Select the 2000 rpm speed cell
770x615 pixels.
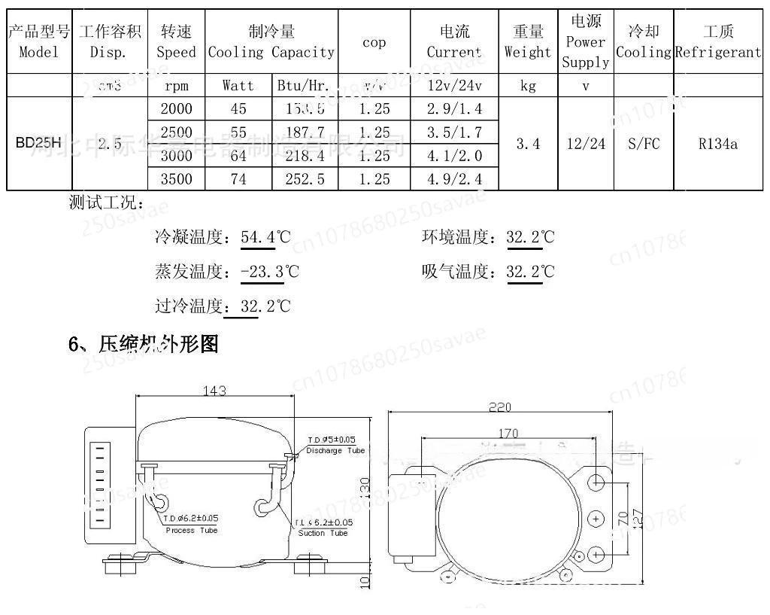coord(176,108)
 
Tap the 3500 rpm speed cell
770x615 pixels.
coord(176,179)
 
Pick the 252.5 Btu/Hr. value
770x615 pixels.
coord(305,179)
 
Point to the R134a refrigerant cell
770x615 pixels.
coord(717,143)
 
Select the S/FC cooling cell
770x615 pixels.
coord(643,143)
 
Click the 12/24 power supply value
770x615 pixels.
coord(585,143)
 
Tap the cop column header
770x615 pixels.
coord(374,42)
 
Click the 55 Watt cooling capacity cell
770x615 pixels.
coord(238,132)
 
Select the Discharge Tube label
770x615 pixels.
coord(335,451)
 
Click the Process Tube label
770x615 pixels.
coord(191,530)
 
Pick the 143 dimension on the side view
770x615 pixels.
coord(215,391)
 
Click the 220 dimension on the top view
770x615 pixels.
coord(500,407)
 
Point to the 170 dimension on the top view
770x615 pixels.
coord(508,433)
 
